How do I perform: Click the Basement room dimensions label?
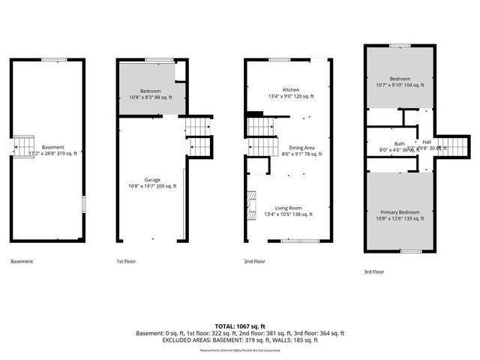tap(52, 153)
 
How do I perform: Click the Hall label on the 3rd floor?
tap(427, 141)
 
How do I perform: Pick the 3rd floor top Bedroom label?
tap(399, 79)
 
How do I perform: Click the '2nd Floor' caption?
tap(255, 262)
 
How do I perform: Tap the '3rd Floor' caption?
tap(373, 271)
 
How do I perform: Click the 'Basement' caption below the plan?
tap(22, 262)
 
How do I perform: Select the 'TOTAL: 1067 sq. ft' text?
tap(239, 325)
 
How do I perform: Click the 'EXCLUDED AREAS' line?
tap(239, 340)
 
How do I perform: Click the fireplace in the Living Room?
tap(251, 203)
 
